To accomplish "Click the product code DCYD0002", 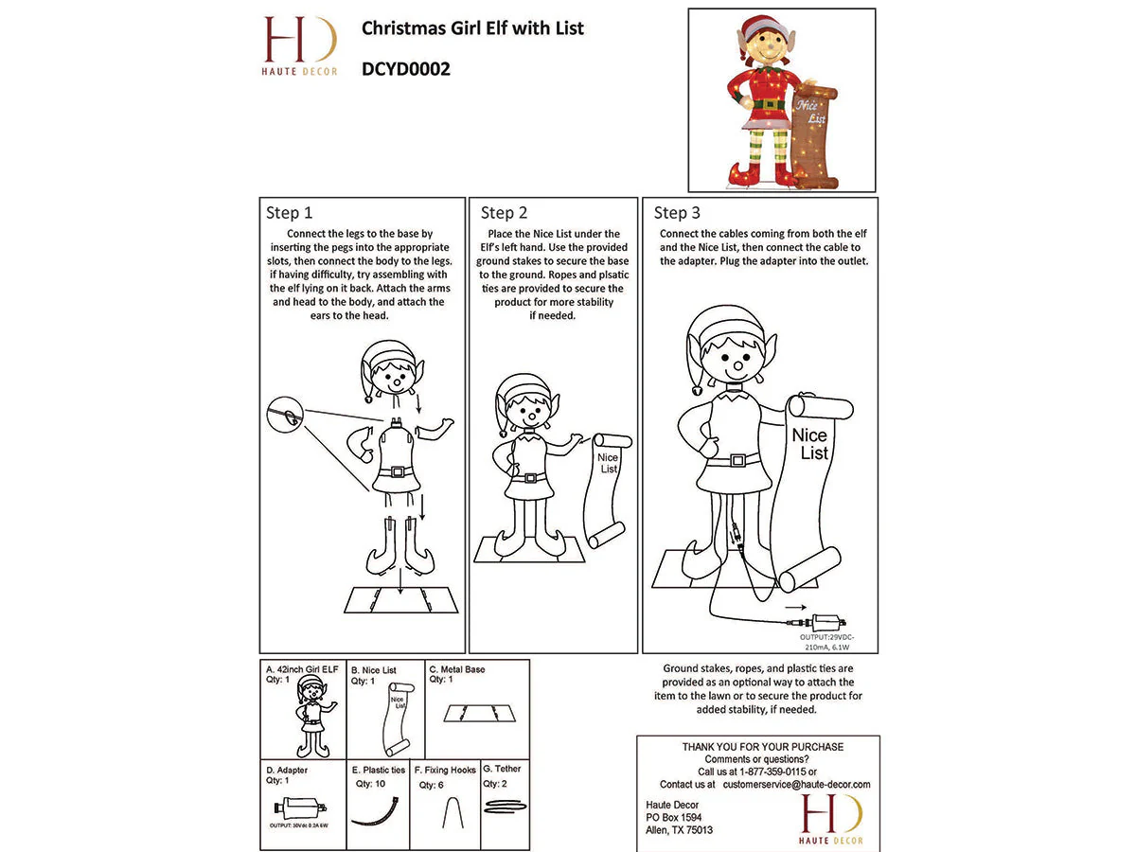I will (x=405, y=69).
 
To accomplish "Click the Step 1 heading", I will (x=290, y=213).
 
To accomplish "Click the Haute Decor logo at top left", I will (x=299, y=44).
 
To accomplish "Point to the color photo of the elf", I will (x=782, y=100).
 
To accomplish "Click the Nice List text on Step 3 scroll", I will (x=809, y=444).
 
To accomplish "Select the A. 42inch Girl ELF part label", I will (x=302, y=669).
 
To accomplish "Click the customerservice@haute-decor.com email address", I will (x=796, y=785).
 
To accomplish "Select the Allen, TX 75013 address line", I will (x=673, y=830).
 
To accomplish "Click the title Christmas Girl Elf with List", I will (x=472, y=28).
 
